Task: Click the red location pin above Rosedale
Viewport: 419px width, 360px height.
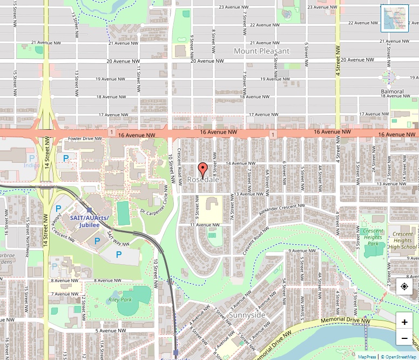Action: (x=202, y=170)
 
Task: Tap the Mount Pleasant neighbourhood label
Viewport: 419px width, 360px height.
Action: (x=261, y=51)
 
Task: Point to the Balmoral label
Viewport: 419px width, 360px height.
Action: (x=392, y=91)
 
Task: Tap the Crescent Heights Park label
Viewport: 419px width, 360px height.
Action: (x=373, y=237)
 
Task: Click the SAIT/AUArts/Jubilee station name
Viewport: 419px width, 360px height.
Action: (x=89, y=221)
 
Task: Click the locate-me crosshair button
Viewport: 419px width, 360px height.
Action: (x=404, y=286)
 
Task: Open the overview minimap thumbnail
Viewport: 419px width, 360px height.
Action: (x=394, y=18)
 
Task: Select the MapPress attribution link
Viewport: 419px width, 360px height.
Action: (x=367, y=357)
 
